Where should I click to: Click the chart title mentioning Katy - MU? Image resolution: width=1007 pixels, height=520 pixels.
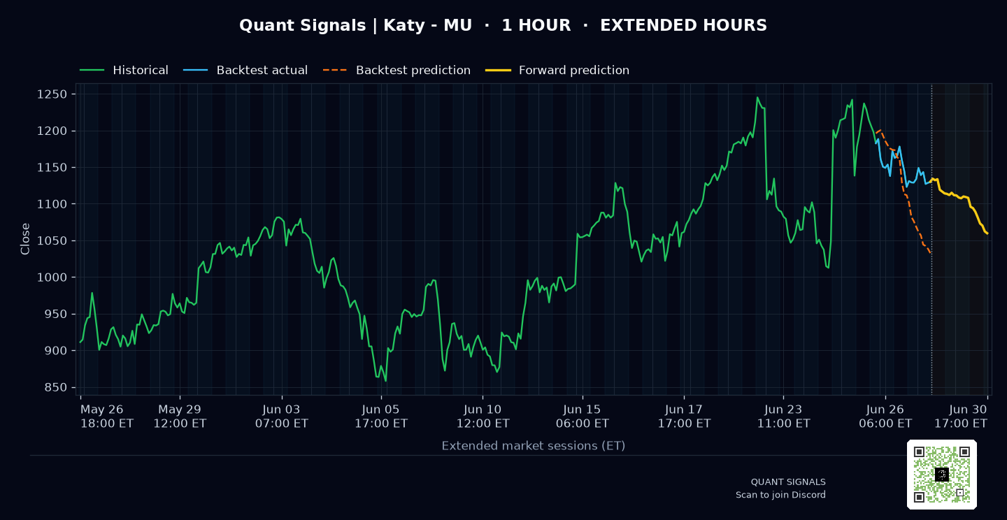tap(503, 25)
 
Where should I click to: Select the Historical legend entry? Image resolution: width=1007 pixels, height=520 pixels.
tap(124, 70)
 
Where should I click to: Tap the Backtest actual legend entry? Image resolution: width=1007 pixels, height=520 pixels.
tap(245, 70)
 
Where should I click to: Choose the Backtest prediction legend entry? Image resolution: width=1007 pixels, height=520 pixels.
tap(397, 70)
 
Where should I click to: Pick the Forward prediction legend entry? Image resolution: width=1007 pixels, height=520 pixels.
tap(557, 70)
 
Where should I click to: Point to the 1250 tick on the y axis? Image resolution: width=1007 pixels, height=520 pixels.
tap(52, 94)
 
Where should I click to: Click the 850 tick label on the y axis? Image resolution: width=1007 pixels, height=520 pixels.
tap(55, 387)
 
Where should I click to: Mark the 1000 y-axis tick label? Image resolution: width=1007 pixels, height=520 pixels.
tap(52, 277)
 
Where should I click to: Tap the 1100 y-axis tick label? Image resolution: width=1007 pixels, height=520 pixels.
tap(52, 204)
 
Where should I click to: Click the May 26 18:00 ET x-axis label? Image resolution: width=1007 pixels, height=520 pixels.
tap(107, 417)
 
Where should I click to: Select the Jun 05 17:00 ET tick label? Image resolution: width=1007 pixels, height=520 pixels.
tap(381, 417)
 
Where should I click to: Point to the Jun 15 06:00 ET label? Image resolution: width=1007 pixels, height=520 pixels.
tap(583, 417)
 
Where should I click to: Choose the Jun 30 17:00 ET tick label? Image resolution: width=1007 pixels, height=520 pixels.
tap(961, 417)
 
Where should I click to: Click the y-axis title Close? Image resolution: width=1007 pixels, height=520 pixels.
tap(25, 239)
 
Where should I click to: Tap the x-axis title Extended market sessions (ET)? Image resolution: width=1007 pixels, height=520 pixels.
tap(534, 446)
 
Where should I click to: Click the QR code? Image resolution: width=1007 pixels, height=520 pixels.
tap(942, 475)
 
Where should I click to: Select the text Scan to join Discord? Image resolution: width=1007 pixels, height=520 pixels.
tap(781, 495)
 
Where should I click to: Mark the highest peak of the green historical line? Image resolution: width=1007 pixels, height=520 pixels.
tap(757, 97)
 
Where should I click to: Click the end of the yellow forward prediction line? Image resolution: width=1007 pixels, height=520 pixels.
tap(987, 233)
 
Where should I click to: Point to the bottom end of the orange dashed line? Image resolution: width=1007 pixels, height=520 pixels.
tap(930, 254)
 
